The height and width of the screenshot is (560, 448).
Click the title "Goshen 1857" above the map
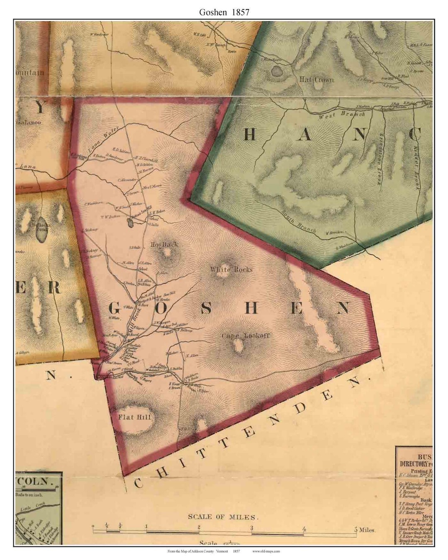[224, 12]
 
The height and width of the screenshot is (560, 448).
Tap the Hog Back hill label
[165, 244]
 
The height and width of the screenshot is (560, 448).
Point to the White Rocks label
[231, 270]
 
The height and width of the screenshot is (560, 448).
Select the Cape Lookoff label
[245, 336]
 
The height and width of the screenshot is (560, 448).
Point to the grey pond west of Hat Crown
[276, 71]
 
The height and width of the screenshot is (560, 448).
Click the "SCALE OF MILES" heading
[223, 517]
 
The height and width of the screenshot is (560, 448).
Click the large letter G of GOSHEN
[116, 308]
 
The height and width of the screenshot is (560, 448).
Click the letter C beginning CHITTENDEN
[138, 482]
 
